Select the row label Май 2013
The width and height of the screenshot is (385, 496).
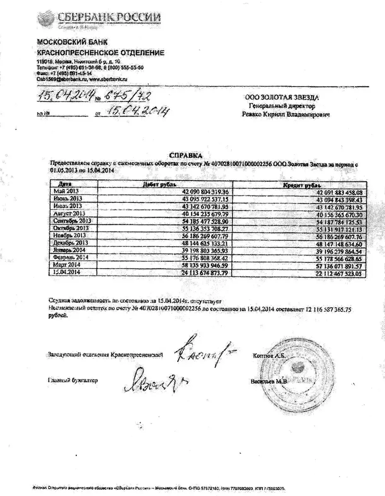coord(66,191)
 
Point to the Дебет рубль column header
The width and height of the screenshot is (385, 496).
coord(159,184)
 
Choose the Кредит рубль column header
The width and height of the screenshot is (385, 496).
coord(302,185)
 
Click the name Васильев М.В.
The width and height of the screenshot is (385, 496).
coord(268,382)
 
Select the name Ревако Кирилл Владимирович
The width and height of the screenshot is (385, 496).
coord(286,114)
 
